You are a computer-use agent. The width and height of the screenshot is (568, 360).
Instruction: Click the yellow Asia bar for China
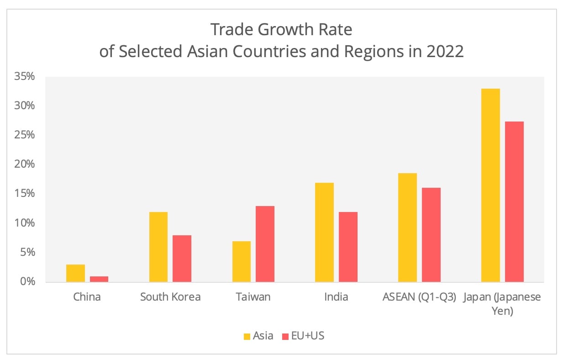point(75,273)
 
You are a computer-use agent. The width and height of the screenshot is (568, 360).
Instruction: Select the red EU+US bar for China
point(99,279)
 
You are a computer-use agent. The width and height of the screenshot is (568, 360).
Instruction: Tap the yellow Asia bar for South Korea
point(158,247)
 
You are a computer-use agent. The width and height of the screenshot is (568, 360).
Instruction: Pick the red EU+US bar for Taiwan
point(265,244)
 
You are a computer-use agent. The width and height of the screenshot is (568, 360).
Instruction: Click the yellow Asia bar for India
point(324,232)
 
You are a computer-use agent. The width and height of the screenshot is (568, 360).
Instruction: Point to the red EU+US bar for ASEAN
point(431,235)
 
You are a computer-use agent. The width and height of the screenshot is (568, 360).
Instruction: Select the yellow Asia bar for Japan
point(490,185)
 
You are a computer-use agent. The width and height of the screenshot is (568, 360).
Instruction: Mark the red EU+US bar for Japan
point(514,201)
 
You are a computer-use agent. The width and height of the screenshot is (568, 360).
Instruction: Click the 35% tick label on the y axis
point(24,76)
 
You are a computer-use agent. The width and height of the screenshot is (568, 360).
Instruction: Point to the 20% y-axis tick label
point(24,164)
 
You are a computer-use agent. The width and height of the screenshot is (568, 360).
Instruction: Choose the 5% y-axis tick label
point(26,252)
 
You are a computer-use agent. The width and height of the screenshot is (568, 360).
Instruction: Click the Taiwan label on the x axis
point(253,297)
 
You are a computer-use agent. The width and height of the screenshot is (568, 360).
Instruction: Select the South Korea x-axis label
point(170,297)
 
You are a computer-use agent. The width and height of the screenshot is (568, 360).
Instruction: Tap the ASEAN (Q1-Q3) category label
point(419,297)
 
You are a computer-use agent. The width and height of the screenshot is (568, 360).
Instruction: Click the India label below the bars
point(336,297)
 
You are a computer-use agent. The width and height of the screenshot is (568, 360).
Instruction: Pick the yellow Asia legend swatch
point(247,336)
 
